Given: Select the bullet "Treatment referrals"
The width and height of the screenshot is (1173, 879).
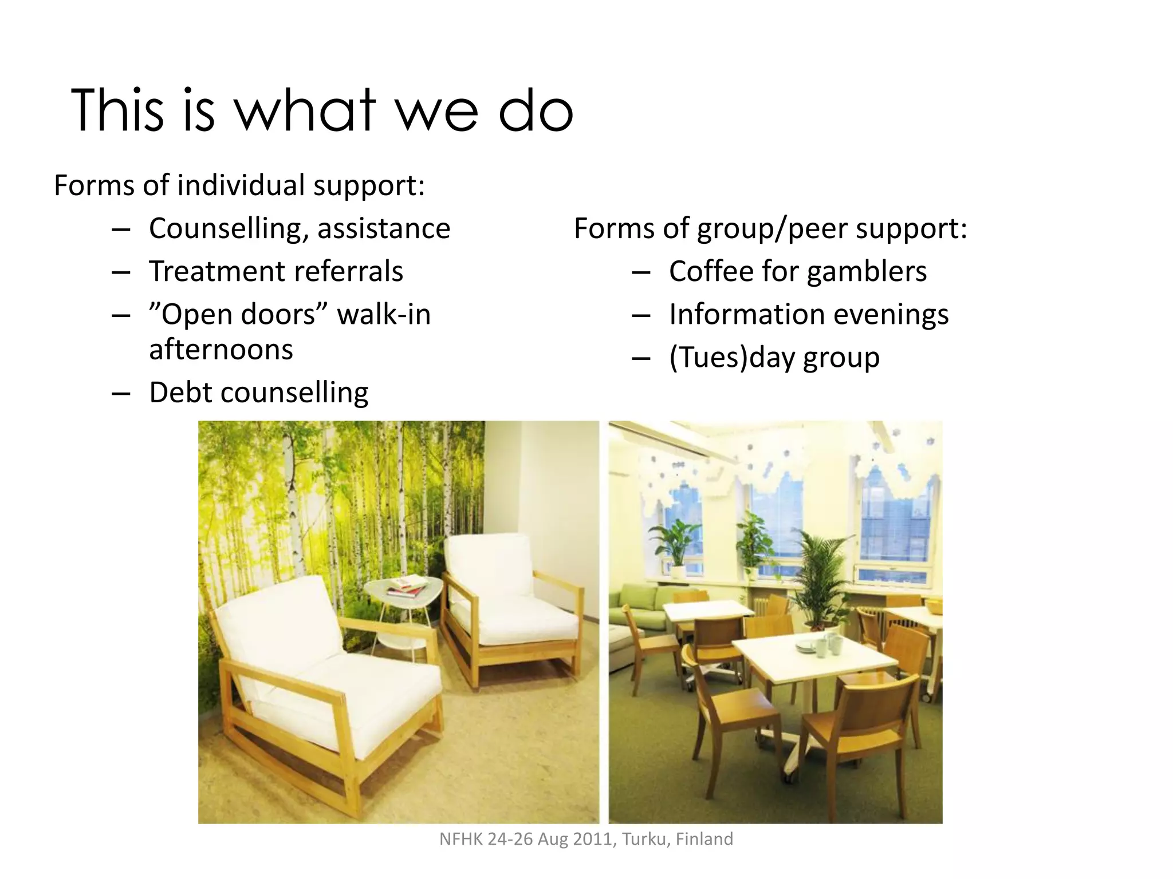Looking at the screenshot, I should click(276, 271).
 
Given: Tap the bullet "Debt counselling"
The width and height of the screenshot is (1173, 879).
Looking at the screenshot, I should click(258, 393).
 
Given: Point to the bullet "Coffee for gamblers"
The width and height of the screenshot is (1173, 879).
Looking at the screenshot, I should click(797, 271).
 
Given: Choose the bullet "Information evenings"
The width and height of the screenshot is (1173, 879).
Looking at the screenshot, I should click(809, 315).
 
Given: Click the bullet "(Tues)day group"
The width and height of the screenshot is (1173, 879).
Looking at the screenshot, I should click(774, 358).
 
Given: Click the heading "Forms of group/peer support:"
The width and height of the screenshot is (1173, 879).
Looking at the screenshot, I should click(770, 228).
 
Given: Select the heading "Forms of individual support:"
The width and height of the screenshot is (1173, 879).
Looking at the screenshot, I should click(239, 185).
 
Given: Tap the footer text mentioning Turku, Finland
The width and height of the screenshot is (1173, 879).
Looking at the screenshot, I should click(586, 839).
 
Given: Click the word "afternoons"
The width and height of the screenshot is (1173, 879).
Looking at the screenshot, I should click(221, 350).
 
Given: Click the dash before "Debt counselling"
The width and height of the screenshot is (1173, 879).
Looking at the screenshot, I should click(121, 394).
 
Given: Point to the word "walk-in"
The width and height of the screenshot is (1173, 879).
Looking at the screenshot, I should click(384, 315).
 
